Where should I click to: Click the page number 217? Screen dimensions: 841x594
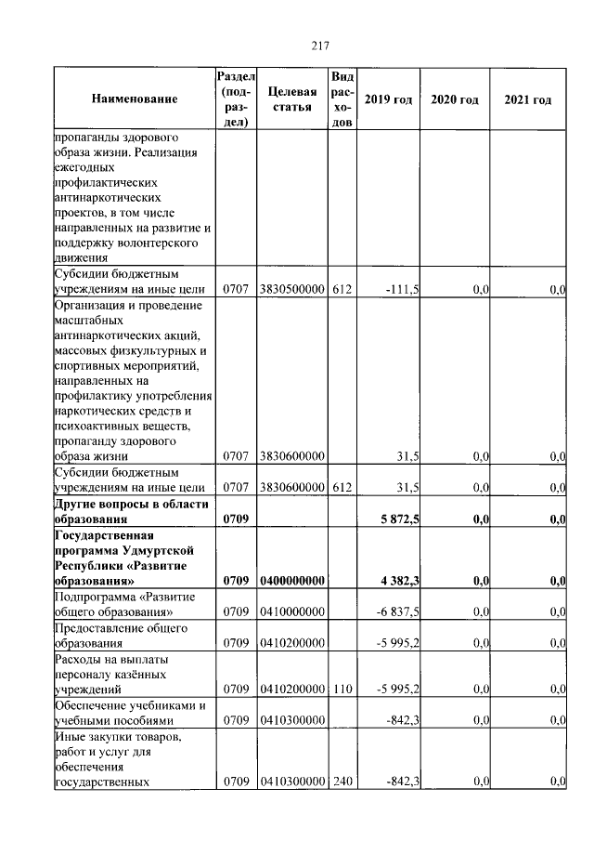(x=320, y=46)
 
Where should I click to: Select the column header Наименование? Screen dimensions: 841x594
(x=134, y=99)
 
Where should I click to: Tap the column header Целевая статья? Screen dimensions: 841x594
(x=291, y=99)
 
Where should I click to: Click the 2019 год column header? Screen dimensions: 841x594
(x=387, y=99)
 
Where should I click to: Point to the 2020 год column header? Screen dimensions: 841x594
(x=455, y=99)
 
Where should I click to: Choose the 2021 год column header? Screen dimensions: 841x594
(x=527, y=99)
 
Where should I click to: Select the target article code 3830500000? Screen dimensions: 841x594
(x=291, y=291)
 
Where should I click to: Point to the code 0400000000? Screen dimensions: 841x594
(x=291, y=581)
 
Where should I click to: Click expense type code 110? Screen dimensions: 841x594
(x=341, y=689)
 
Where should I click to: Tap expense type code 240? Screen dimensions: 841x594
(x=341, y=782)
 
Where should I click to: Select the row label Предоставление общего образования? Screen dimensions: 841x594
(x=121, y=636)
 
